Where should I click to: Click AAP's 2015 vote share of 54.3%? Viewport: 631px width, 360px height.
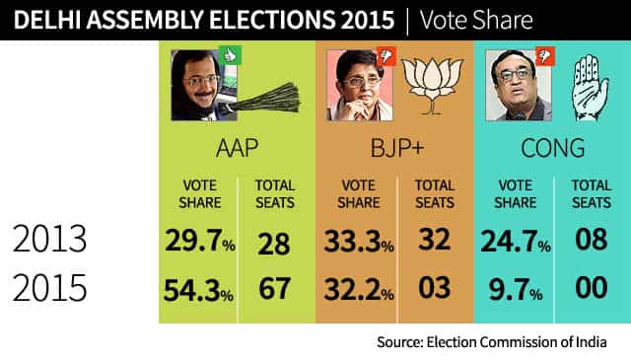(198, 290)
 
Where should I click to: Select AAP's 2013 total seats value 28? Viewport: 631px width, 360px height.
(274, 244)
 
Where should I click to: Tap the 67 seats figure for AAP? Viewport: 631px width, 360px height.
(274, 288)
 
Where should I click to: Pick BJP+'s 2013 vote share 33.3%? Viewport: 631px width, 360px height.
(359, 242)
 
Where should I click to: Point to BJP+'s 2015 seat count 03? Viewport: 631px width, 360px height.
(434, 288)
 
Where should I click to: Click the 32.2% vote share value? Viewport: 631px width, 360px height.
(359, 290)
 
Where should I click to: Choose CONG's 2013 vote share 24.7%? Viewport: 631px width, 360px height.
(516, 242)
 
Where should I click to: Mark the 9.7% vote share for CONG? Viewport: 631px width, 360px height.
(516, 290)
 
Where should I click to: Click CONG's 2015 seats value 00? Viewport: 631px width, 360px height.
(592, 288)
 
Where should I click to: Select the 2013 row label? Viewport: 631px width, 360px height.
(49, 239)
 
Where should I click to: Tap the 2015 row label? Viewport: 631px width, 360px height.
(49, 288)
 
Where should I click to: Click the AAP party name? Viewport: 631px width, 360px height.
(237, 148)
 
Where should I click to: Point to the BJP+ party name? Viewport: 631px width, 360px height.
(397, 148)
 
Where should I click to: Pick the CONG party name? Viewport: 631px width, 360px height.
(552, 148)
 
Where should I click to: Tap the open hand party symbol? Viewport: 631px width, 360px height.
(590, 88)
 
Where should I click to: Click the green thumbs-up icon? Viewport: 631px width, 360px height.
(230, 55)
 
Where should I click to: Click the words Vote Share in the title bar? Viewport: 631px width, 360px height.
(476, 20)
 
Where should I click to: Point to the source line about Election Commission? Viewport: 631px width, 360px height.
(492, 342)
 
